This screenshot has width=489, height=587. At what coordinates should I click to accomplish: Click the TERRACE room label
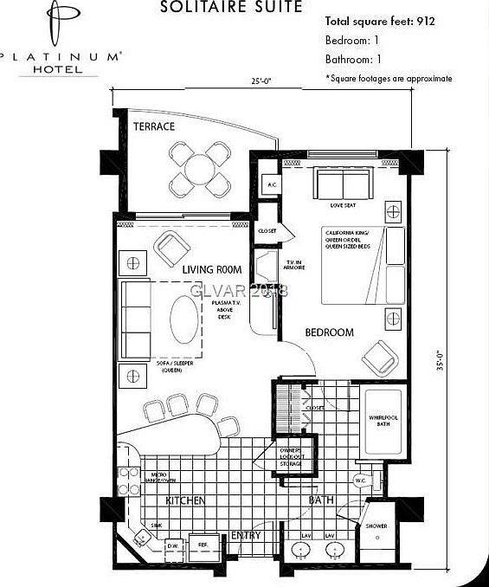tap(154, 126)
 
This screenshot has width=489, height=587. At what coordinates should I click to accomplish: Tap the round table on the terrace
tap(200, 168)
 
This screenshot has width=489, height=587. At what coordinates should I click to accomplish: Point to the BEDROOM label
tap(329, 332)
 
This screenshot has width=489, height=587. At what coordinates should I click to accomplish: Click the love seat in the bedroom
tap(342, 184)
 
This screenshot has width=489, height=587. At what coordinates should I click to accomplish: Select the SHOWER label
tap(376, 526)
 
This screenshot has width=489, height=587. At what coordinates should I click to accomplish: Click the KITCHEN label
tap(185, 501)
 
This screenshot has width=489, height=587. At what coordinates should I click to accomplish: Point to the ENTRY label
tap(246, 536)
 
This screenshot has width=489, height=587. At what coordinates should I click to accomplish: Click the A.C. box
tap(272, 184)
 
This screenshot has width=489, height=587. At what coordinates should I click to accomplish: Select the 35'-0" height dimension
tap(440, 358)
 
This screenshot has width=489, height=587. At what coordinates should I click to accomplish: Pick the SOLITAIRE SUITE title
tap(231, 7)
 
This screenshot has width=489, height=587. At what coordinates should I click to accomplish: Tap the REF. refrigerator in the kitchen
tap(203, 545)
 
